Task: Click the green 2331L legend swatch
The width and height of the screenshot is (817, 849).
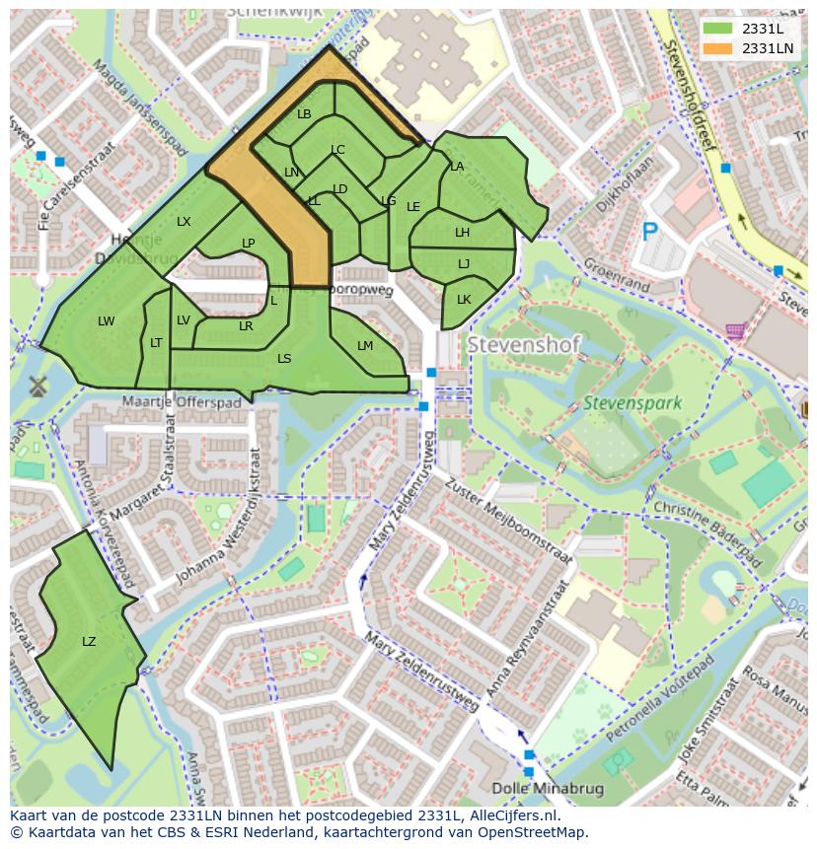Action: tap(717, 29)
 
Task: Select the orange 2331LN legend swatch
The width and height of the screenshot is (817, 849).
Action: tap(717, 48)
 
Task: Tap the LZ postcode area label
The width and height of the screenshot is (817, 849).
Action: tap(89, 642)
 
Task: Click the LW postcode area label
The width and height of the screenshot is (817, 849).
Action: tap(107, 321)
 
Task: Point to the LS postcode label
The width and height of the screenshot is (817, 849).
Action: tap(284, 359)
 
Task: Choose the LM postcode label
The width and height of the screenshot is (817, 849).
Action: tap(365, 346)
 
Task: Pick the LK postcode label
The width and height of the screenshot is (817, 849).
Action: tap(464, 300)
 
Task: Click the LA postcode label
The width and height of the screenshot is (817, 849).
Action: tap(457, 167)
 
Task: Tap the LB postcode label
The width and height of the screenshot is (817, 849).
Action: tap(304, 114)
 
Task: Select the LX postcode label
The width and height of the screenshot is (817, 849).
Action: tap(184, 222)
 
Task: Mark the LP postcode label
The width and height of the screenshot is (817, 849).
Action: tap(248, 244)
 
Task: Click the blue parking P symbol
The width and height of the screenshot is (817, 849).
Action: tap(649, 232)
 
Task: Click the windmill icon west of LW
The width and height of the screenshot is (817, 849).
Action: tap(39, 386)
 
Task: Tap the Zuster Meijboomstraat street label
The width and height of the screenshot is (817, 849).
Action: tap(508, 520)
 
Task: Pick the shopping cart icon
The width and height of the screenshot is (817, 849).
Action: tap(735, 331)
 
